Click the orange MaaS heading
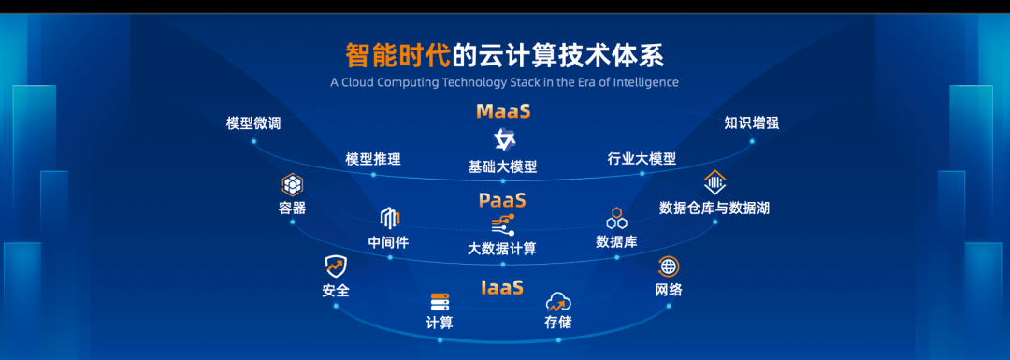click(x=503, y=111)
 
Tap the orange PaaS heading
click(x=502, y=200)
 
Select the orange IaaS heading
click(x=502, y=287)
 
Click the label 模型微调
click(x=253, y=123)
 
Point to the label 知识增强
click(x=752, y=123)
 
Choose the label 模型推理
click(x=373, y=158)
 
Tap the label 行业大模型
click(x=642, y=158)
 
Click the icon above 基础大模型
click(x=503, y=139)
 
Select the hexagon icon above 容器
click(x=293, y=185)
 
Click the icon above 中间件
click(x=390, y=219)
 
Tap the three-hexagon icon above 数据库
click(x=616, y=219)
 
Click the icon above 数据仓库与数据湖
click(x=714, y=183)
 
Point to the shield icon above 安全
click(x=336, y=266)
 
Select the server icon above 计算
click(x=440, y=302)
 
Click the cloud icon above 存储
click(x=557, y=301)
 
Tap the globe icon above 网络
click(x=669, y=266)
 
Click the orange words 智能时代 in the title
click(x=397, y=55)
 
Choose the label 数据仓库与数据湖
click(x=714, y=208)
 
